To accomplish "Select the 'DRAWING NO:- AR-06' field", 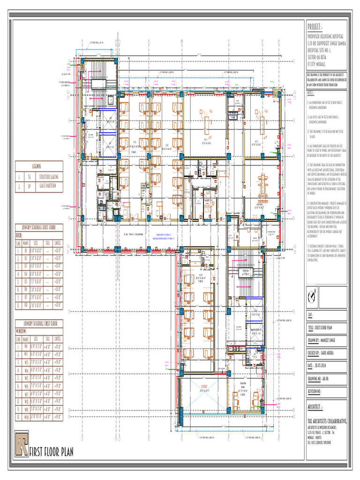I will pos(324,377).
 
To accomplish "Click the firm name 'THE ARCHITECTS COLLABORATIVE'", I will pos(327,421).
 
